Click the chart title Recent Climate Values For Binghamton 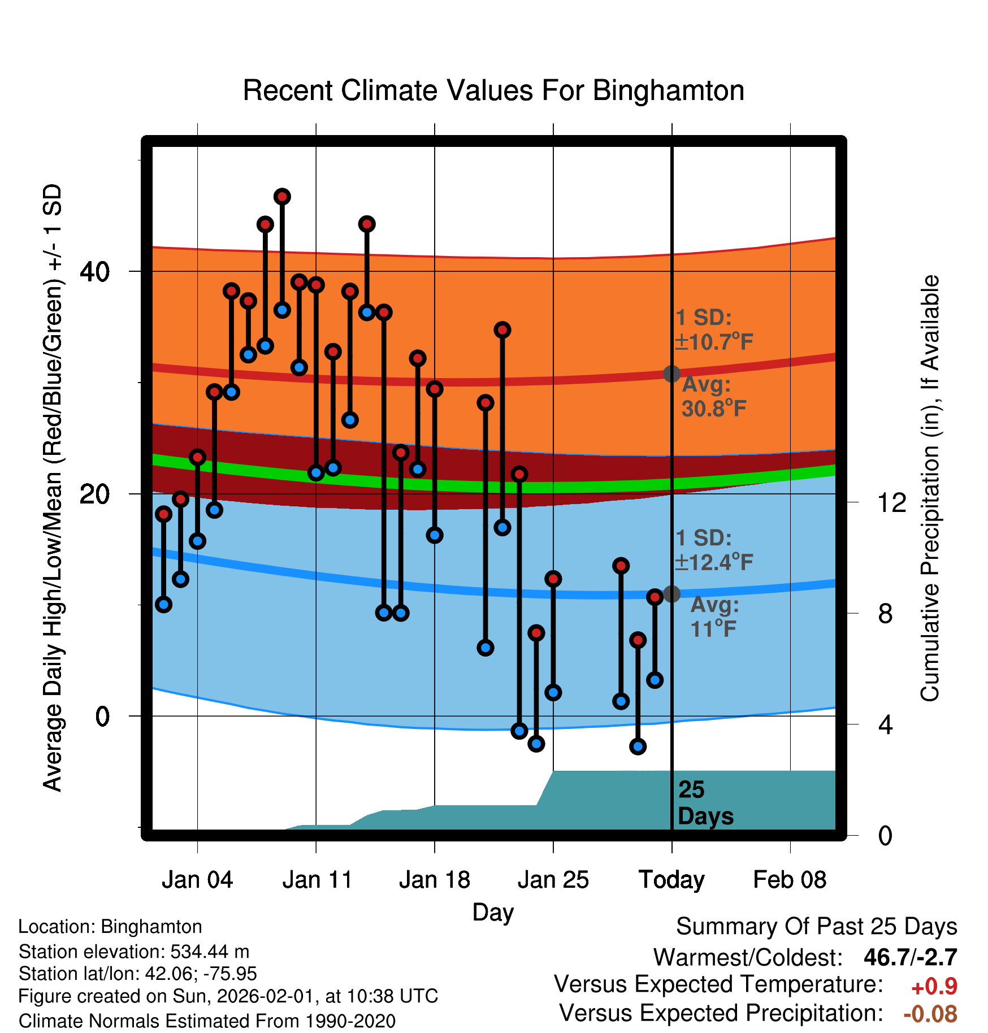click(493, 90)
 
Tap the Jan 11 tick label click(317, 880)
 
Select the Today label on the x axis click(671, 880)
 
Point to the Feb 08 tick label click(790, 880)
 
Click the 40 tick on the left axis click(94, 272)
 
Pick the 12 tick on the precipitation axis click(892, 502)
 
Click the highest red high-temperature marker click(282, 197)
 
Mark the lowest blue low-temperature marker click(638, 746)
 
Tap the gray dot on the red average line click(671, 374)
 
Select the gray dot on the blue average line click(671, 594)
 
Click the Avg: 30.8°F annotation click(713, 397)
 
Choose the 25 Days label click(705, 803)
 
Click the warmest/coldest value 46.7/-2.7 click(910, 957)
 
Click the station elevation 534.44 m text click(134, 952)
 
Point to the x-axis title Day click(493, 912)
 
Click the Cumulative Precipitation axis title click(929, 488)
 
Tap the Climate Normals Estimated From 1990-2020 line click(207, 1021)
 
